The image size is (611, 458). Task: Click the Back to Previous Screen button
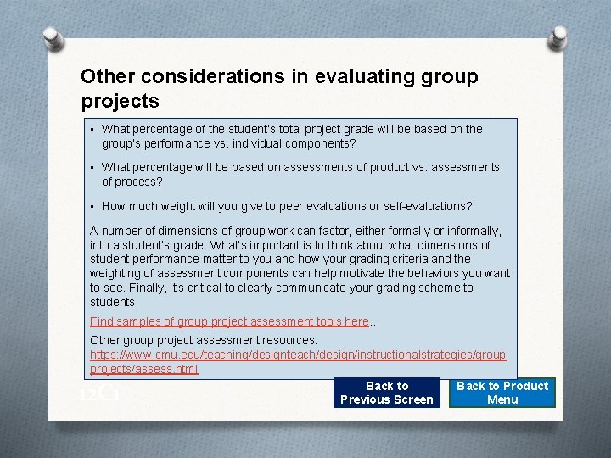coord(386,393)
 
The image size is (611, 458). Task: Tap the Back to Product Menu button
coord(502,393)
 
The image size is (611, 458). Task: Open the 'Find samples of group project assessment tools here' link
coord(229,321)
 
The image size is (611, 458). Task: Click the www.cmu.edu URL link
coord(297,355)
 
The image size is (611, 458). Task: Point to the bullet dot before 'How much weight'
coord(92,206)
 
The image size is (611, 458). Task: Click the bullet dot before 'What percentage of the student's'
coord(92,129)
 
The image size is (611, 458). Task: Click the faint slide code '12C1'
coord(98,394)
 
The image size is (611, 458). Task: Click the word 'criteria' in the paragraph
coord(411,259)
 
